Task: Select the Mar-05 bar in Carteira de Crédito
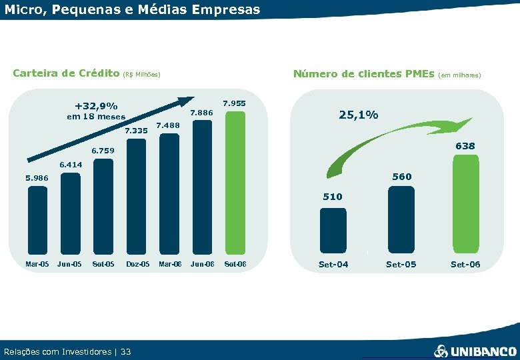click(x=37, y=220)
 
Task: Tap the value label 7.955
click(x=235, y=103)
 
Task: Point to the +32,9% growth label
click(x=96, y=106)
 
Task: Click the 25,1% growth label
click(x=359, y=115)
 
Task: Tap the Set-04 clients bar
click(x=333, y=230)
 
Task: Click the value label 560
click(x=401, y=177)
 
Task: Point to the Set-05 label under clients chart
click(x=401, y=265)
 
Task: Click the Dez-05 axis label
click(x=137, y=265)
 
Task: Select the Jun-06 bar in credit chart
click(x=202, y=187)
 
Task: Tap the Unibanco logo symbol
click(x=441, y=351)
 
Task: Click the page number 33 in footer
click(x=126, y=351)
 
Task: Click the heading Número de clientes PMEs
click(x=363, y=73)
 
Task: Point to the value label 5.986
click(x=37, y=178)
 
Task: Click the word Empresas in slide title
click(x=221, y=10)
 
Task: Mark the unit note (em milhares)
click(x=461, y=75)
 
